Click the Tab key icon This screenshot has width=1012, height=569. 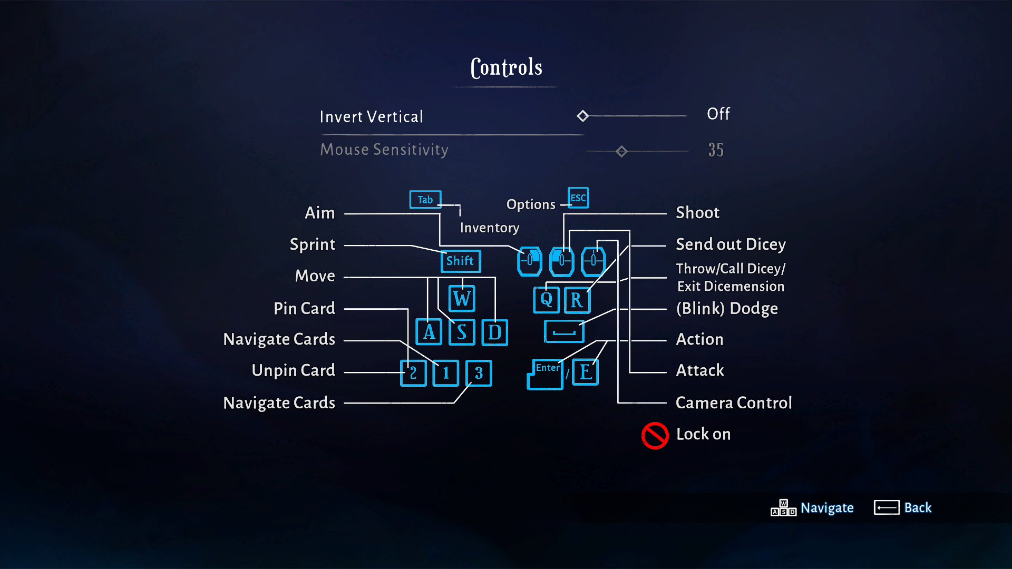pyautogui.click(x=425, y=200)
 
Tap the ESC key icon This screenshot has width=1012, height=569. pyautogui.click(x=578, y=198)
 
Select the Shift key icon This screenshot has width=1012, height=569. pyautogui.click(x=460, y=261)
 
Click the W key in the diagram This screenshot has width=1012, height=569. pyautogui.click(x=462, y=299)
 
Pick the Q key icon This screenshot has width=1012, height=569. pyautogui.click(x=546, y=300)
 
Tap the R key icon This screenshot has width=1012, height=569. pyautogui.click(x=577, y=300)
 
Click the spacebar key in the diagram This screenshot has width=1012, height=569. pyautogui.click(x=564, y=332)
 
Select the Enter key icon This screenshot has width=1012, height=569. pyautogui.click(x=546, y=374)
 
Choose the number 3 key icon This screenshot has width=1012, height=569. pyautogui.click(x=479, y=373)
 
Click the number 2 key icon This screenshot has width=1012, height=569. pyautogui.click(x=413, y=373)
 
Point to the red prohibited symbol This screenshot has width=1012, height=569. pyautogui.click(x=655, y=435)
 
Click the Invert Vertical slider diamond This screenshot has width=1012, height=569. pyautogui.click(x=582, y=116)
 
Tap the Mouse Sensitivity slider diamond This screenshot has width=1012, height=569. pyautogui.click(x=621, y=152)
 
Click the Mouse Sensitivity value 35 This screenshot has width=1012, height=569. pyautogui.click(x=716, y=150)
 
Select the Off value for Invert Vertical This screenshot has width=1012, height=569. pyautogui.click(x=718, y=114)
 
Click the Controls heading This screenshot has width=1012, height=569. pyautogui.click(x=506, y=67)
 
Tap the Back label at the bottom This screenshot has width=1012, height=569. pyautogui.click(x=918, y=507)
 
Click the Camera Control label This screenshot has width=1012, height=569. pyautogui.click(x=734, y=403)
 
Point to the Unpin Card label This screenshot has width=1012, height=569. pyautogui.click(x=293, y=370)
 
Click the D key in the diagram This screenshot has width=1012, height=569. pyautogui.click(x=494, y=332)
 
